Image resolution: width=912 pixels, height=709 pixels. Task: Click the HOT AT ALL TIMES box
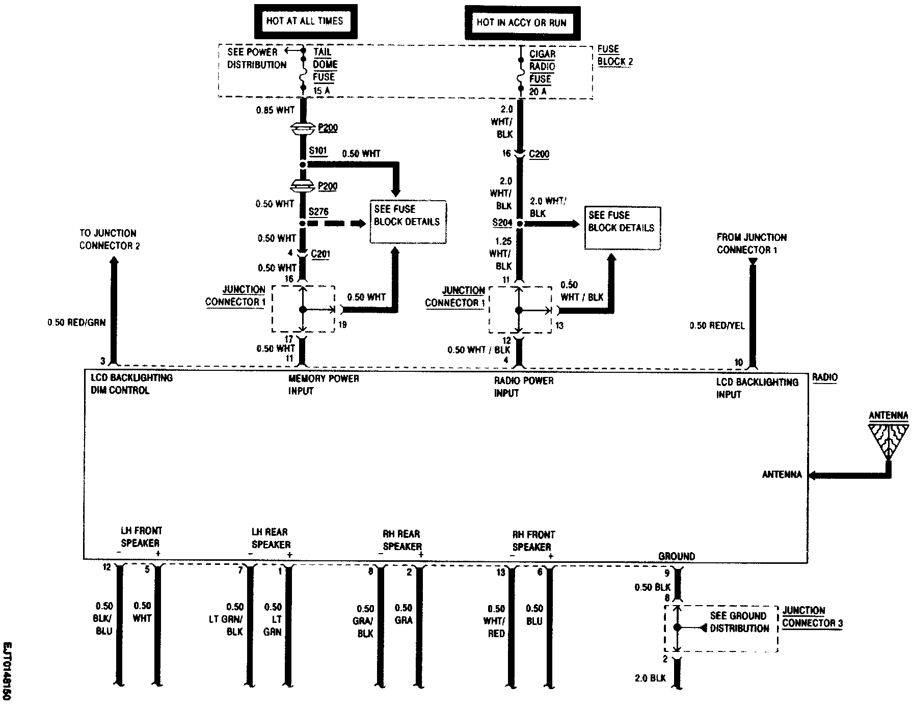coord(305,21)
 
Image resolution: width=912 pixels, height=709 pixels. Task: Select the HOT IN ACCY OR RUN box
coord(522,22)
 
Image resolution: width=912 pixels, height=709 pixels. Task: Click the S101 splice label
coord(318,152)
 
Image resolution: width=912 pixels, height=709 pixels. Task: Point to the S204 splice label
coord(502,223)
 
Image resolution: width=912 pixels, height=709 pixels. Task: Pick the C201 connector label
coord(320,254)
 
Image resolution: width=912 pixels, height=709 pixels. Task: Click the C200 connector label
coord(539,154)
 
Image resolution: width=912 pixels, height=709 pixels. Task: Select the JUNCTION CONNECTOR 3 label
coord(812,617)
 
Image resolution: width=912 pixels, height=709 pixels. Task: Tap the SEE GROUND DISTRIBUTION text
coord(739,622)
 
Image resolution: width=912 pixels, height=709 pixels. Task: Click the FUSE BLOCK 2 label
coord(615,56)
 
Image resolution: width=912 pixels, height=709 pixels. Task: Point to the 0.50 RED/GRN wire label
coord(76,322)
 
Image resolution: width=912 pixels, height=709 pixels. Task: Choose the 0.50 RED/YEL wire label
coord(717,325)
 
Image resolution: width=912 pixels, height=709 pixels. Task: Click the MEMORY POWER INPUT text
coord(324,385)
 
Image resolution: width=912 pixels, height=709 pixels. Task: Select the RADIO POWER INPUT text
coord(523,387)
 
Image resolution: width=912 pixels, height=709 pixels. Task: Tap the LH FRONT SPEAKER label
coord(141,537)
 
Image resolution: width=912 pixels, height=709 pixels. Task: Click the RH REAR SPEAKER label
coord(402,540)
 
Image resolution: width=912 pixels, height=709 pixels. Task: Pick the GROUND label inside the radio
coord(677,556)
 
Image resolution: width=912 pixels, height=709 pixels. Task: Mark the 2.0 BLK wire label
coord(650,678)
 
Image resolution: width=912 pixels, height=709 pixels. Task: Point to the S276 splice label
coord(318,211)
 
